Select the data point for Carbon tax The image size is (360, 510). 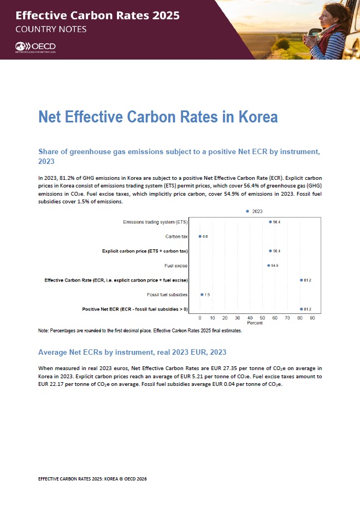200,237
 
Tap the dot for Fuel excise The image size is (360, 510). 269,266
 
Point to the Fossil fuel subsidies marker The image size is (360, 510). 202,295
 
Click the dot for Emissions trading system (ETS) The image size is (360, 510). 270,222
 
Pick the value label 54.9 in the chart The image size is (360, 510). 276,266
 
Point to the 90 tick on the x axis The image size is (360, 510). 312,318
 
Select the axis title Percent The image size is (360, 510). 255,323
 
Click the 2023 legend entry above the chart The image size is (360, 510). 255,211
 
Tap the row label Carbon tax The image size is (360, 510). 176,237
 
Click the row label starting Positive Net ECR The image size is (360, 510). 135,309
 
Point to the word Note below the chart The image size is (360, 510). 43,331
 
